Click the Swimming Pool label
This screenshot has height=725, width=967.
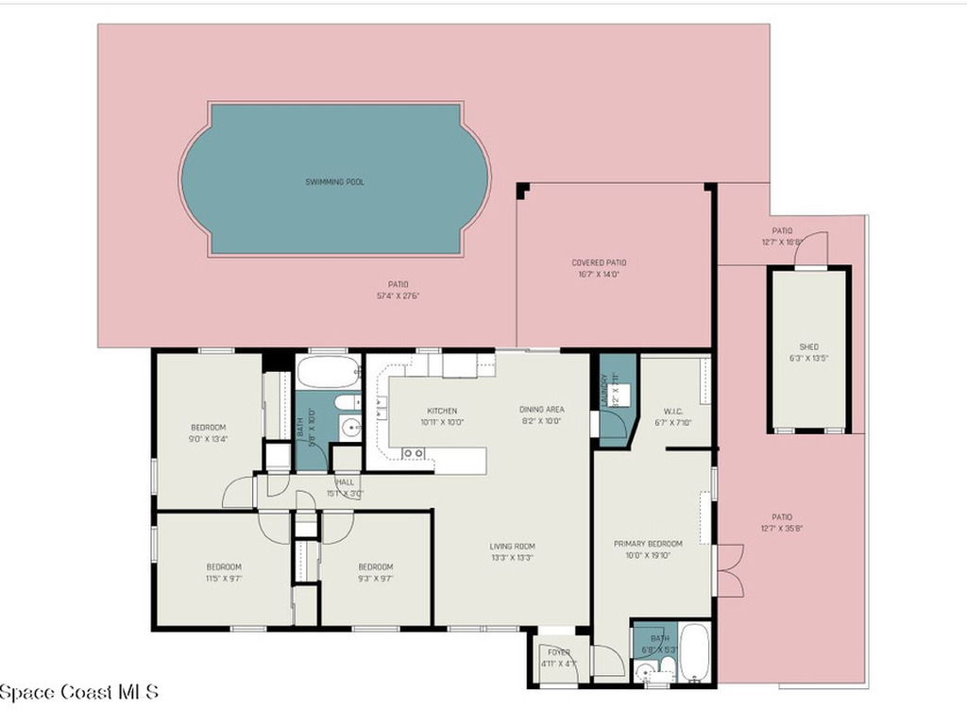point(334,181)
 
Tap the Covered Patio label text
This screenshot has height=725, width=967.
point(599,262)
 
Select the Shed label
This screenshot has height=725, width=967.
point(809,346)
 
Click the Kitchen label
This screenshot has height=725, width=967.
point(442,411)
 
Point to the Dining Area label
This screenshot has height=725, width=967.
point(542,410)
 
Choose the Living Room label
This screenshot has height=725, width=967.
point(512,546)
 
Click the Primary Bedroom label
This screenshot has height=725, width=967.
point(648,544)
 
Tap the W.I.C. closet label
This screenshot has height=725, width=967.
point(673,411)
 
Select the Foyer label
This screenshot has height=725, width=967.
point(559,650)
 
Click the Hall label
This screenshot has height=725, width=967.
point(344,481)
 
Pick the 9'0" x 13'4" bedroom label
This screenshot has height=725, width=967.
point(209,428)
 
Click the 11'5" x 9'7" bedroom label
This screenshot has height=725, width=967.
point(224,566)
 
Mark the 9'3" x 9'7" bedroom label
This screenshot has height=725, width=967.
point(375,566)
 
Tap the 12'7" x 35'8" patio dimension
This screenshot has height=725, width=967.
point(782,529)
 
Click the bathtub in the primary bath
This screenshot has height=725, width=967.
point(694,652)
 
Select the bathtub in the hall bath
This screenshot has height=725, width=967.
point(329,370)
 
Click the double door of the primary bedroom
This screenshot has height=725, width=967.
point(728,570)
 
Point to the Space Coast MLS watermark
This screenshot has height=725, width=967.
point(79,692)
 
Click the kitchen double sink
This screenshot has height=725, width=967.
point(413,453)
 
